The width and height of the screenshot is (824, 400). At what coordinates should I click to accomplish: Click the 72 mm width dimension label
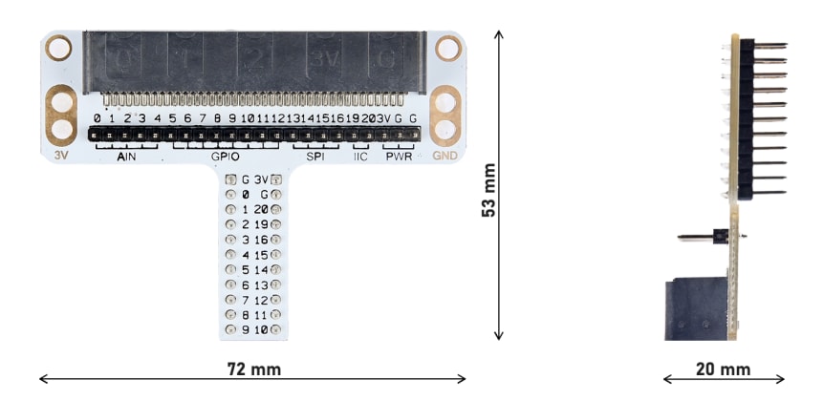253,368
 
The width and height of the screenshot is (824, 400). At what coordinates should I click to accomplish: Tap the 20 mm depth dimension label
723,368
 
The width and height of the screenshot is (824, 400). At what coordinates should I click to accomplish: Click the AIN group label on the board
126,157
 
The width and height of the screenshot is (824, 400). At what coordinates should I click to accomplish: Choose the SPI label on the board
314,157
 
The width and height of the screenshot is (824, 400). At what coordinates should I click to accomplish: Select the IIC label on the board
360,157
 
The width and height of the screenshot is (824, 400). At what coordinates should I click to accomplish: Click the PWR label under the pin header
398,157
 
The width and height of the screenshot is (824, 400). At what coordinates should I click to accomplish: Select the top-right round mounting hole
446,46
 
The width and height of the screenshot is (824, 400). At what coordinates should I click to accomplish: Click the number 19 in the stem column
262,224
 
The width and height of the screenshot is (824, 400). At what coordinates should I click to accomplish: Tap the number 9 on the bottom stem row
246,331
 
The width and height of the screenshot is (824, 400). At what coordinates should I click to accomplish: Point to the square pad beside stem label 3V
276,179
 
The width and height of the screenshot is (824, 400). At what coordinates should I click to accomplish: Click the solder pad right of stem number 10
276,331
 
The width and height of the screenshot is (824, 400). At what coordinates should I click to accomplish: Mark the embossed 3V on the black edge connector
321,58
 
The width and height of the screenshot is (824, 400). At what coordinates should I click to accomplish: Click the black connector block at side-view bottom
697,306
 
